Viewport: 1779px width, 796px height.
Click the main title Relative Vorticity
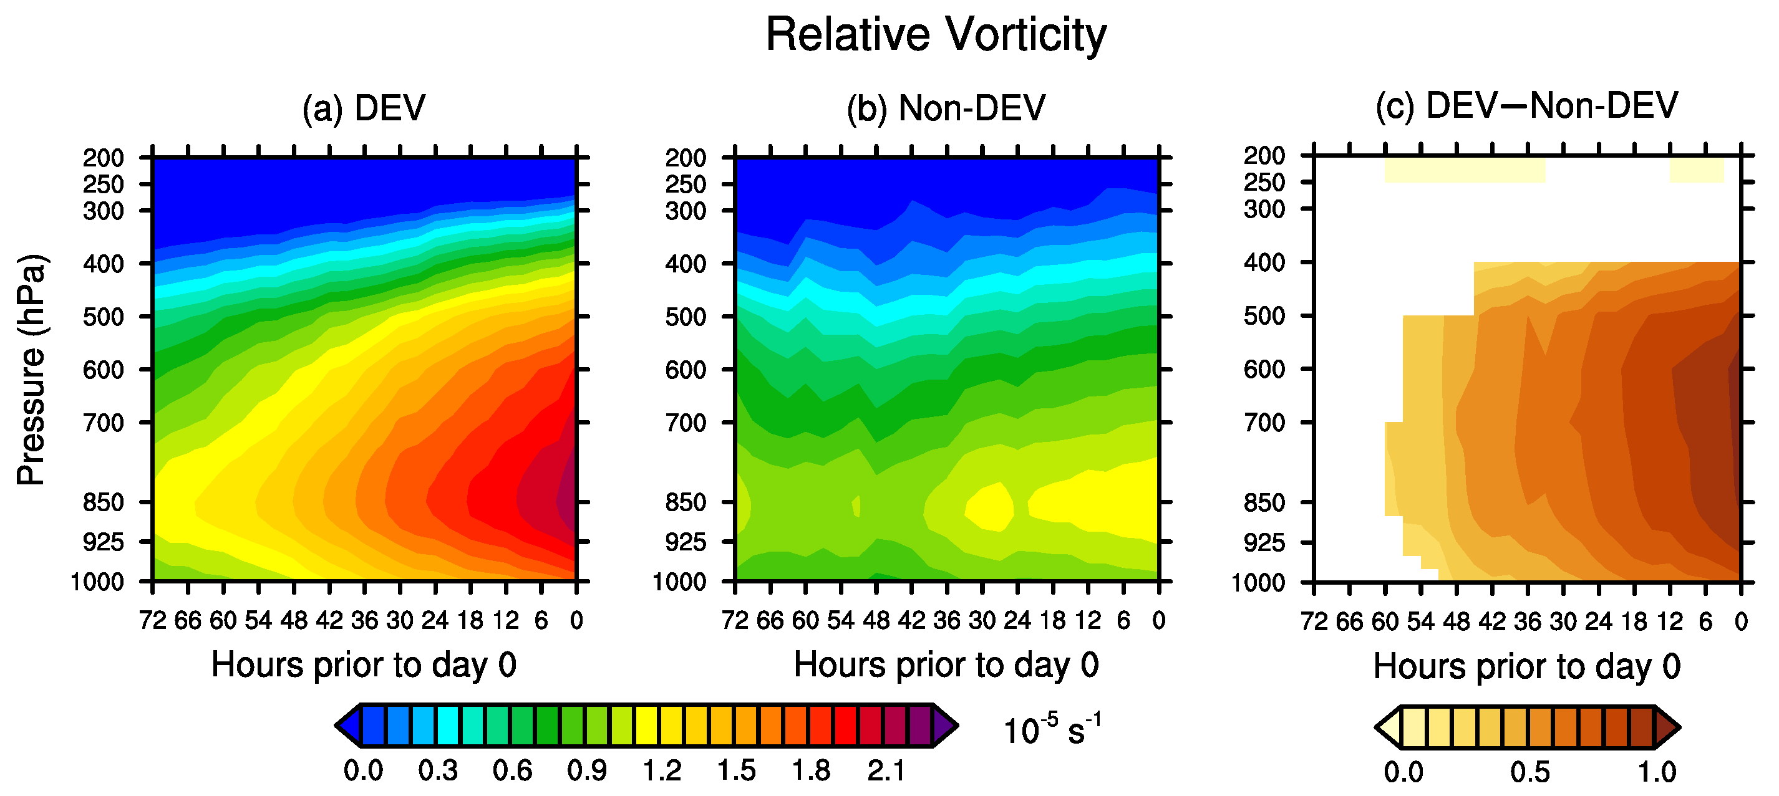(x=936, y=34)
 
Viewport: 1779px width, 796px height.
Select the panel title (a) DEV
(x=364, y=108)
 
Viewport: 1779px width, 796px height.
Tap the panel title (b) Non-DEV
(x=946, y=108)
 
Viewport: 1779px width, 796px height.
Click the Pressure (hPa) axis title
(x=31, y=370)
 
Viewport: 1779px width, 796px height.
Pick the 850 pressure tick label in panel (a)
(x=104, y=502)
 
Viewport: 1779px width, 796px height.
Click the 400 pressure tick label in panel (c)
(x=1264, y=262)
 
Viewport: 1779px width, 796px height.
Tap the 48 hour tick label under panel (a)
(x=294, y=621)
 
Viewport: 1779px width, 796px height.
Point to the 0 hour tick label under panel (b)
(x=1159, y=621)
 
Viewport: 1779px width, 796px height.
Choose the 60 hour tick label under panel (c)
(x=1385, y=622)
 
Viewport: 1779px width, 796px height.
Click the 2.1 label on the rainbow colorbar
(x=886, y=770)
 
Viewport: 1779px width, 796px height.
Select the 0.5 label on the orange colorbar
(x=1529, y=772)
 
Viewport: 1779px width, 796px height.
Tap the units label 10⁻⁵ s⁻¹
(x=1052, y=731)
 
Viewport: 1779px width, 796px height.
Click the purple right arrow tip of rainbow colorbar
(x=946, y=726)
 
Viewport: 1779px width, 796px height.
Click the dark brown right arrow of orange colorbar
(x=1668, y=727)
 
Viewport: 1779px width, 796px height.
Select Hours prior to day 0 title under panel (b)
(x=946, y=665)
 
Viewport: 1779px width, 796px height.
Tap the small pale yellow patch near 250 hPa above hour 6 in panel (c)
(x=1696, y=170)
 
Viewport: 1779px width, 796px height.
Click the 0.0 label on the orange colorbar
(x=1403, y=772)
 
